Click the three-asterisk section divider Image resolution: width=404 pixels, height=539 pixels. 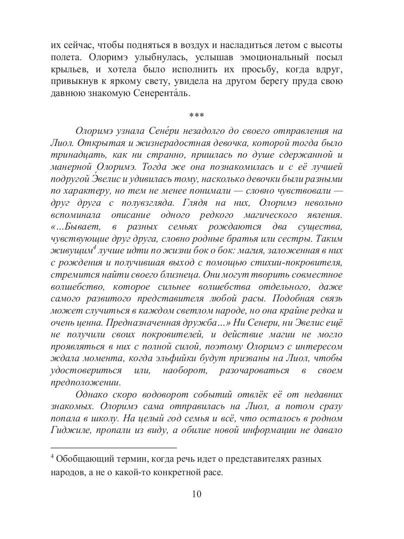pyautogui.click(x=197, y=116)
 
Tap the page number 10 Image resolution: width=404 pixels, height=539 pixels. pyautogui.click(x=197, y=494)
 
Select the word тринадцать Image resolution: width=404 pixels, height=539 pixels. pyautogui.click(x=74, y=155)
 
